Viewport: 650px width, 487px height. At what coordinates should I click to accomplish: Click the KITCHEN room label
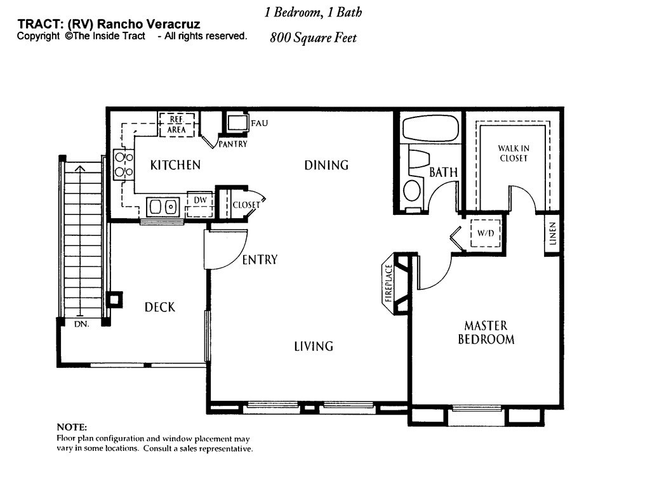point(175,166)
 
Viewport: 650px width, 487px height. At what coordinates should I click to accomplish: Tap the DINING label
point(326,166)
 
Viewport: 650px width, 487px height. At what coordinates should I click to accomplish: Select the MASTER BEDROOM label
point(486,332)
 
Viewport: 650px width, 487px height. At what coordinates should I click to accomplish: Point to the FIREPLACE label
point(388,283)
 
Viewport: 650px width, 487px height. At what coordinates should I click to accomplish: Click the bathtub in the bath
point(431,129)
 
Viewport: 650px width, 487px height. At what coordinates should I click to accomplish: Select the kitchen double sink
point(162,207)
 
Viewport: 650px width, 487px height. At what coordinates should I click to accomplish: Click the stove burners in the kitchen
point(124,164)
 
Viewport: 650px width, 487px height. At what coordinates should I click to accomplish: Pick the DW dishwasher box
point(200,204)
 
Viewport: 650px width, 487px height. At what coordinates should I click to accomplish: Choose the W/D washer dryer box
point(486,233)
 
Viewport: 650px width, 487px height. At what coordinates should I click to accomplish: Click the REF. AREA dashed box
point(176,124)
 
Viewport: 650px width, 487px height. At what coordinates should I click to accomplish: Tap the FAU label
point(260,123)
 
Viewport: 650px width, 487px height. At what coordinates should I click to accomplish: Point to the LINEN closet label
point(552,233)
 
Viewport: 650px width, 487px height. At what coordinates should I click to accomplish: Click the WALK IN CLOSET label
point(514,153)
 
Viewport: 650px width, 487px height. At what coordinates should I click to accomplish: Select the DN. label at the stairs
point(82,324)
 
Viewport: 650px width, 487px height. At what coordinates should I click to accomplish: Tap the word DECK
point(159,308)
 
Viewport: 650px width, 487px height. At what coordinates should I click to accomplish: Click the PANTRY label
point(233,144)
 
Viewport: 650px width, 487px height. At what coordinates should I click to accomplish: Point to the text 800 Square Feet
point(314,37)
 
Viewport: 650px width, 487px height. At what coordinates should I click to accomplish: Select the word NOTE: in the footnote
point(72,427)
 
